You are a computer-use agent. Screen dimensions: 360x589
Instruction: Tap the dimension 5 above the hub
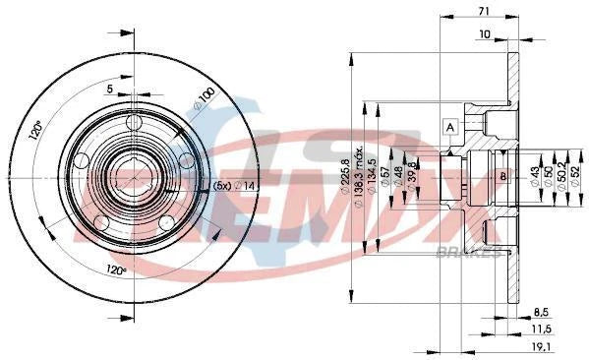(112, 90)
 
